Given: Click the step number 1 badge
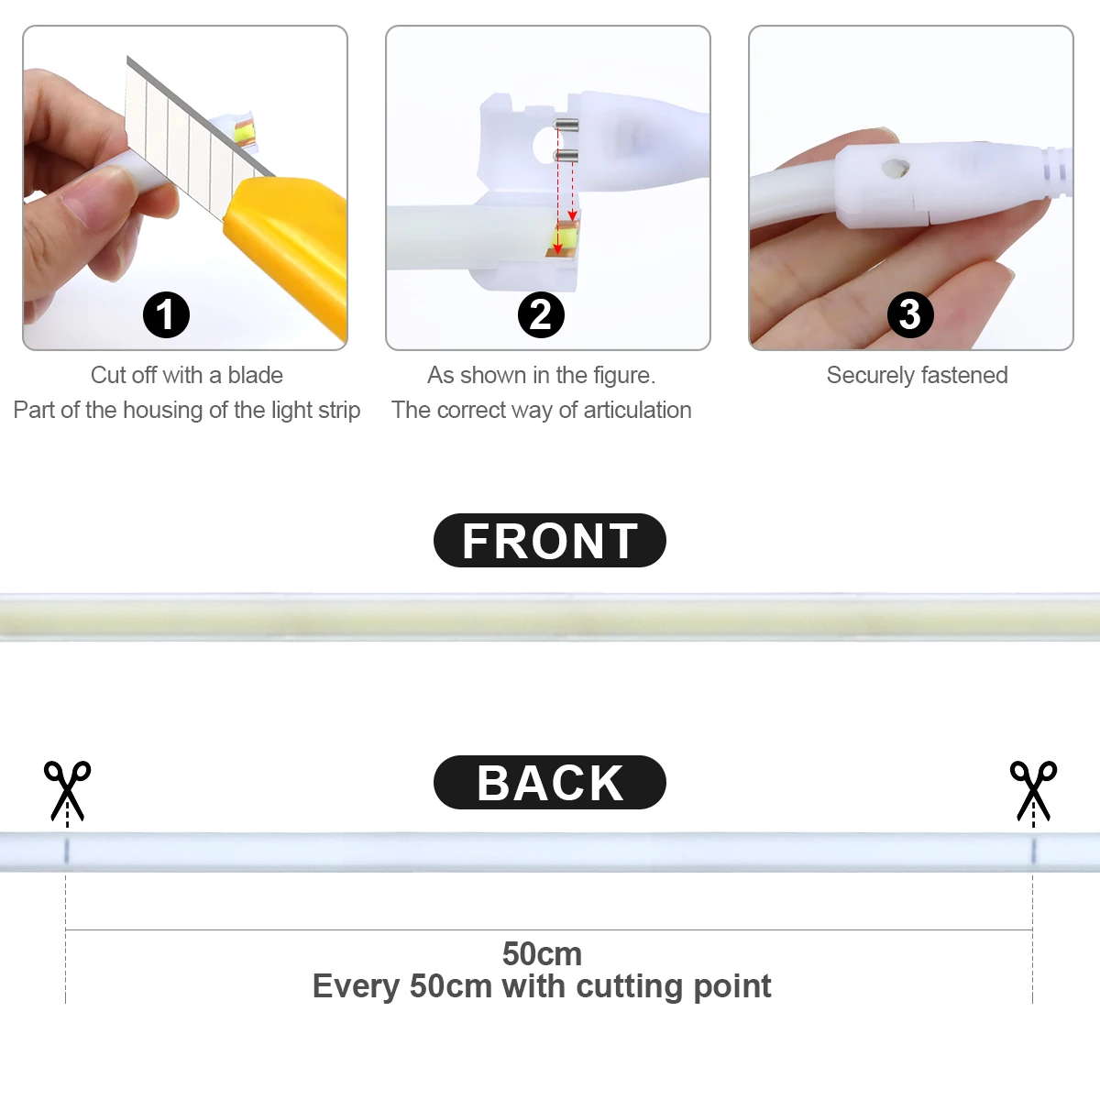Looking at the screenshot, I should click(166, 315).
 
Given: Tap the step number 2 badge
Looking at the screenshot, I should click(541, 315).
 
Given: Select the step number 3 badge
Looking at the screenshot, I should click(910, 315).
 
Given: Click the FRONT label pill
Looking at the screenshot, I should click(550, 541).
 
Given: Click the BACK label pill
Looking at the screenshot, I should click(550, 783).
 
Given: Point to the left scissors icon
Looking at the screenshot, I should click(68, 788).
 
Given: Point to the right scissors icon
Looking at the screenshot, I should click(1033, 788).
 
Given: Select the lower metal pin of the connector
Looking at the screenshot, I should click(566, 155).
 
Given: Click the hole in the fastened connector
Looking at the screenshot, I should click(892, 169).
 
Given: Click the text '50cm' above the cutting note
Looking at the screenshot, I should click(542, 953).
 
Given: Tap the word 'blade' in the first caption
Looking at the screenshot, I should click(255, 375).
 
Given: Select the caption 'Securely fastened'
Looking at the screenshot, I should click(917, 375).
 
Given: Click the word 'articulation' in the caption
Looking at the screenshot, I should click(637, 410).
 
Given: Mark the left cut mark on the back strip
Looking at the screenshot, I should click(66, 851).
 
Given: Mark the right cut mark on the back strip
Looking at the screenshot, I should click(1033, 851).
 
